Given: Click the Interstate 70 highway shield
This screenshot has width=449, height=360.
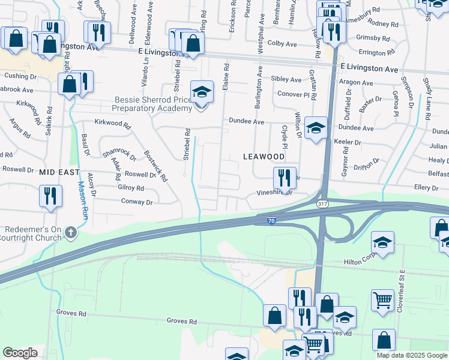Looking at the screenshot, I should point(272,221).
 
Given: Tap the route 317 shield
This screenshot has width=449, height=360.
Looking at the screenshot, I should point(322,205).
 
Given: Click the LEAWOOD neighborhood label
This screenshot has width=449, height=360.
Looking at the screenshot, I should point(264,156).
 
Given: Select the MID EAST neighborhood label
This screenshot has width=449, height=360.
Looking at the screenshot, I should point(59,172).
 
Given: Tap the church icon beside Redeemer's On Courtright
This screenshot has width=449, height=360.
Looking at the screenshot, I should point(71,232).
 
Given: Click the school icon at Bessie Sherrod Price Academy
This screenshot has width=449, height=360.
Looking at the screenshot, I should point(202,92).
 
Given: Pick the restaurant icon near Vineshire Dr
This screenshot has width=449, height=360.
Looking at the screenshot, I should point(284,178).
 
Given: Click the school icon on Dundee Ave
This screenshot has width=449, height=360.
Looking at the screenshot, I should point(316,128).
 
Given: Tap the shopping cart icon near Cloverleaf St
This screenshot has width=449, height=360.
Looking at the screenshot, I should point(382,299).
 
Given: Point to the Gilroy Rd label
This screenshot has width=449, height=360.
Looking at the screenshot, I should point(131,188).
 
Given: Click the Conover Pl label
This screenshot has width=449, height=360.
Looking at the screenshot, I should point(293,94).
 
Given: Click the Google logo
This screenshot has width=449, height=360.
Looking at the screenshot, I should point(20,353).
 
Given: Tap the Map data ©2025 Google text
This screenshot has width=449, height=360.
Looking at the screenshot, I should point(411,355).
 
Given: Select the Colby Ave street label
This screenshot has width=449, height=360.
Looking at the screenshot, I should point(282,44).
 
